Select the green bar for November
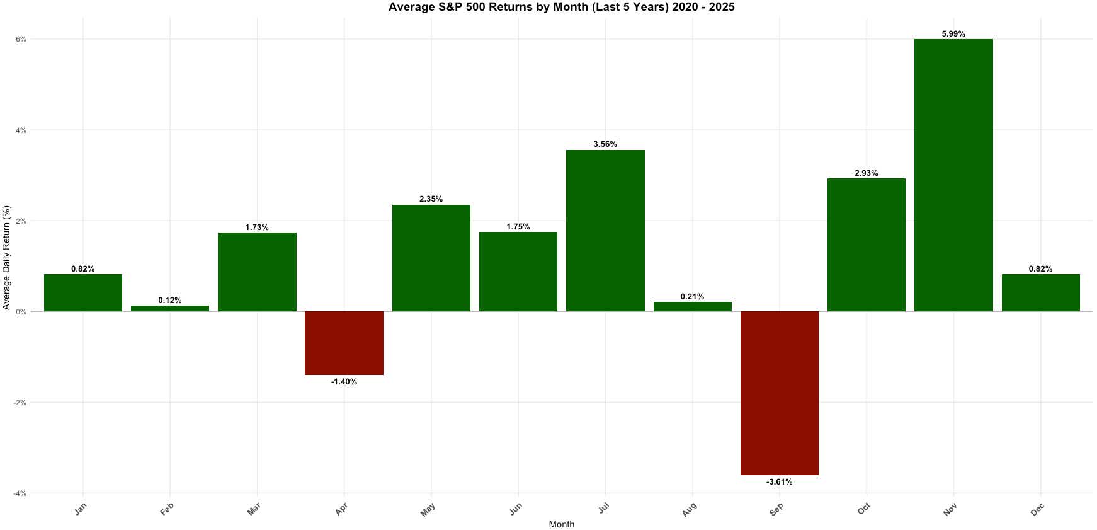click(953, 175)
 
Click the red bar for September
click(779, 393)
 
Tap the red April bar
click(344, 343)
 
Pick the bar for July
click(605, 231)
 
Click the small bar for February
click(170, 308)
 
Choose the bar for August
click(692, 306)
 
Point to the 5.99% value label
click(953, 34)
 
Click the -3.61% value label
click(779, 482)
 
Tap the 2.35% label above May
click(431, 199)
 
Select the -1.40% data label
click(344, 382)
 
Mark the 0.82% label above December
click(1040, 269)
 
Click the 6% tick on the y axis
click(21, 39)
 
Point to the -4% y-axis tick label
click(20, 493)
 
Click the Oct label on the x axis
click(863, 508)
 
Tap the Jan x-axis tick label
click(80, 509)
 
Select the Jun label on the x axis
click(515, 509)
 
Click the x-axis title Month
click(561, 524)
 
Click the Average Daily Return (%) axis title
click(7, 257)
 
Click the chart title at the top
click(561, 8)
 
